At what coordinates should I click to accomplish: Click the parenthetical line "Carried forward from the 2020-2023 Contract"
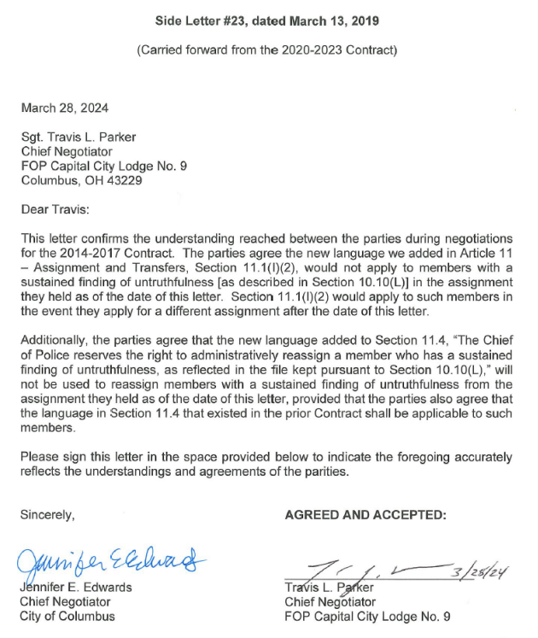[267, 50]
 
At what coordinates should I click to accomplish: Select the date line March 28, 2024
[65, 108]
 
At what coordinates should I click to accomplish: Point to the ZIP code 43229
[124, 180]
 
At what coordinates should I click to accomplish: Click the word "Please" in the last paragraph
[40, 456]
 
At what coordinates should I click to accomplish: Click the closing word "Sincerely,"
[48, 515]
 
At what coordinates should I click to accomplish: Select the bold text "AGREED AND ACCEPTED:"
[365, 515]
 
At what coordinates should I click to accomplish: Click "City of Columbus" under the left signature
[67, 617]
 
